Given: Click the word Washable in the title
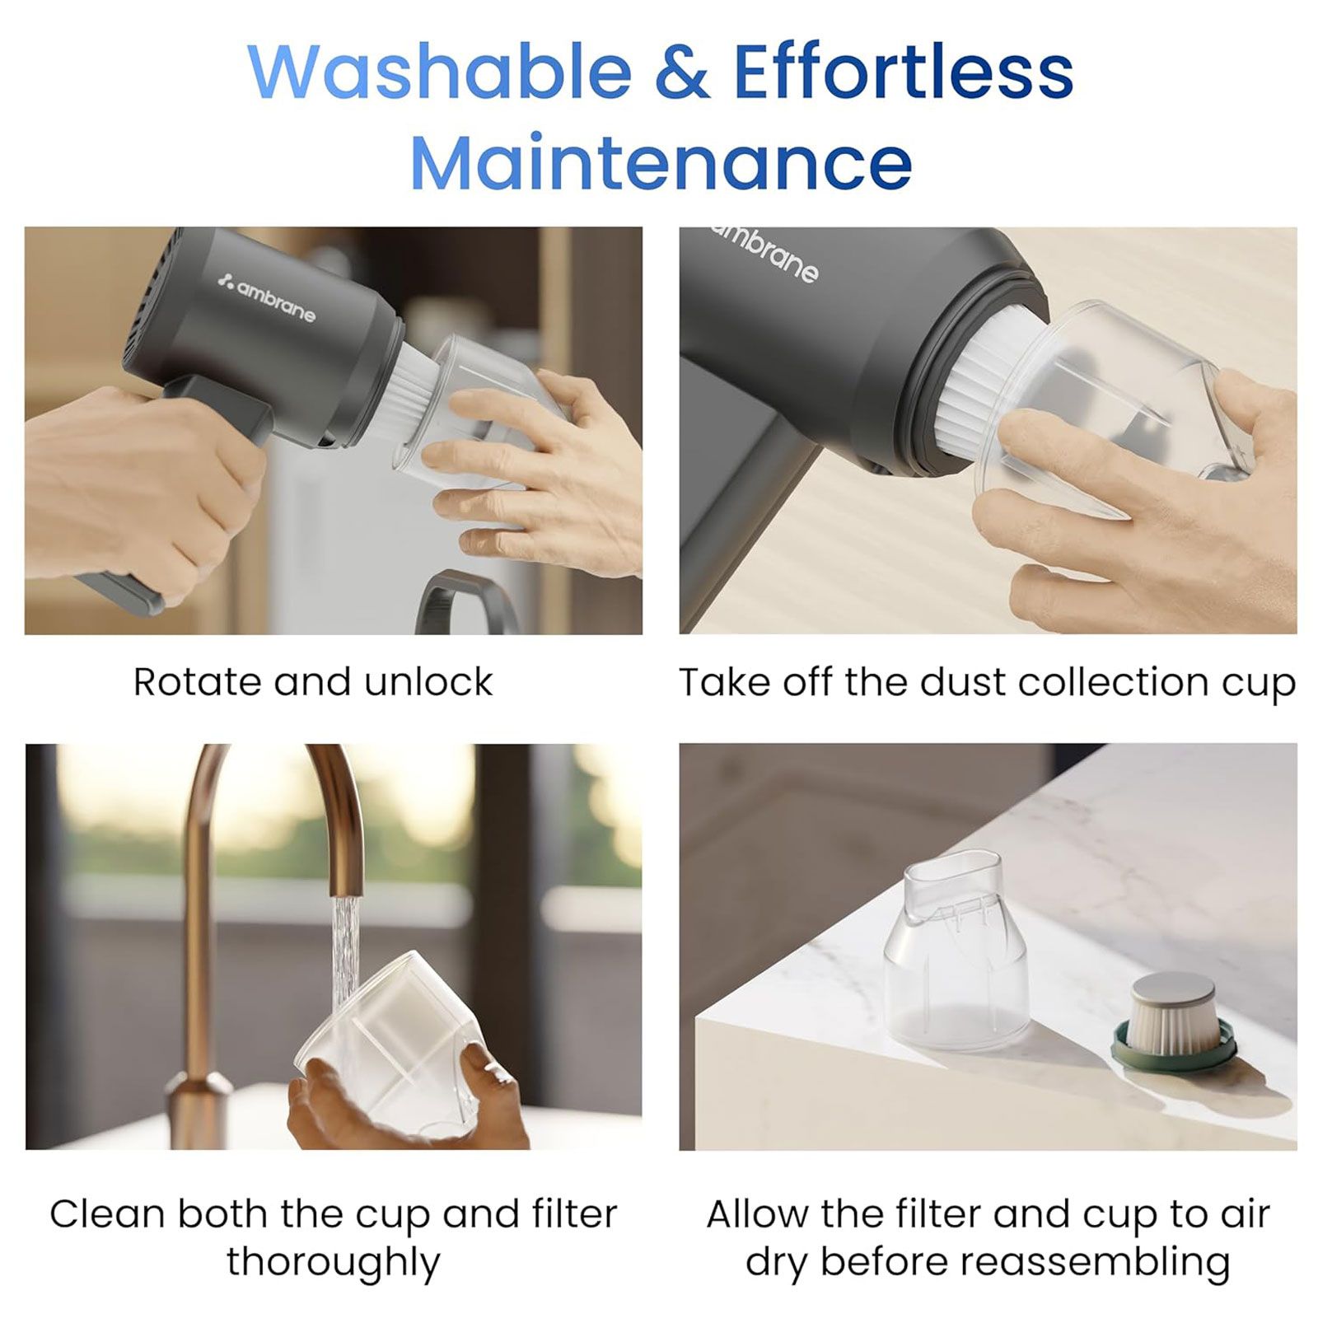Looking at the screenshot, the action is pyautogui.click(x=440, y=71).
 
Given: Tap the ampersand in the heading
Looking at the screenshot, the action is pyautogui.click(x=682, y=71).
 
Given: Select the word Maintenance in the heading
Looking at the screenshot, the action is pyautogui.click(x=661, y=161).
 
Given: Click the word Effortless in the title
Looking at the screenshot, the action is pyautogui.click(x=903, y=71).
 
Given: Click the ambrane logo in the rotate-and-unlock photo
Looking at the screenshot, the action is pyautogui.click(x=266, y=297).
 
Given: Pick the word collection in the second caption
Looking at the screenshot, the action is pyautogui.click(x=1115, y=682).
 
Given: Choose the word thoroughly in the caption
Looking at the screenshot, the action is pyautogui.click(x=334, y=1261).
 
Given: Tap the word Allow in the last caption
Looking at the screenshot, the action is pyautogui.click(x=757, y=1213).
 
